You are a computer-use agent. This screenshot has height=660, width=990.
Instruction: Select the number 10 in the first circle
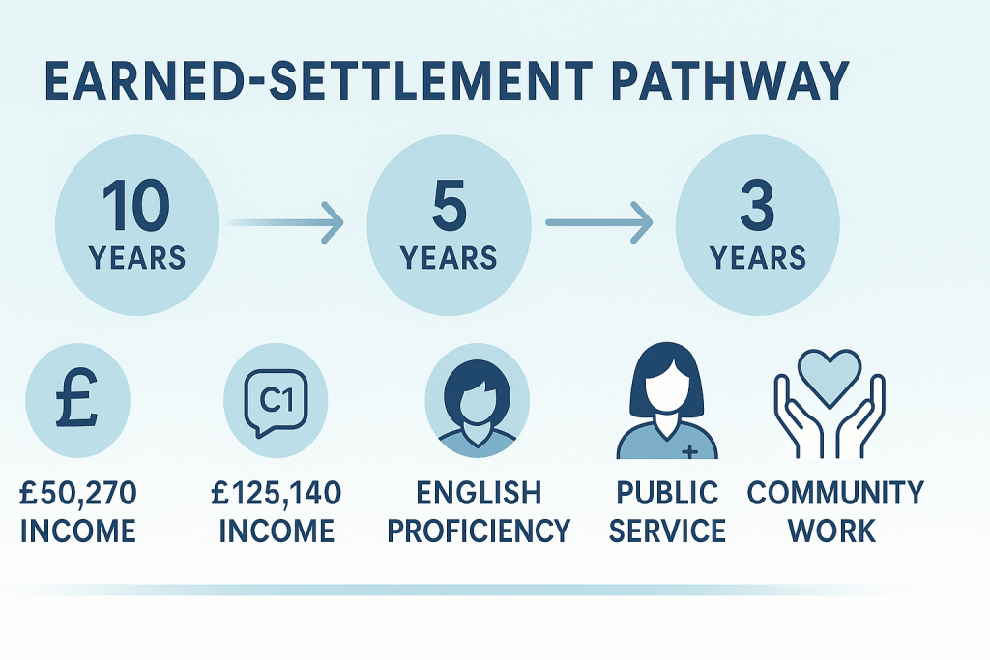pos(136,206)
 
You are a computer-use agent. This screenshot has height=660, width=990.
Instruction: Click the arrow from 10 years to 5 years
pos(285,223)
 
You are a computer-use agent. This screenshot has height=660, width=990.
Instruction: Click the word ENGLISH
pos(480,495)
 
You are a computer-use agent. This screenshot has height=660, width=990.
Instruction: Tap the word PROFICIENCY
pos(480,531)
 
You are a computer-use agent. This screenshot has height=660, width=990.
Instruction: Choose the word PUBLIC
pos(667,495)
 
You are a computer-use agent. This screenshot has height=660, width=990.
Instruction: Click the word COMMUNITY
pos(835,495)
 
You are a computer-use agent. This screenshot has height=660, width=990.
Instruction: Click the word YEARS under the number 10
pos(136,258)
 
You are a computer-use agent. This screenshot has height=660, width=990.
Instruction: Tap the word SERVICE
pos(667,531)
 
